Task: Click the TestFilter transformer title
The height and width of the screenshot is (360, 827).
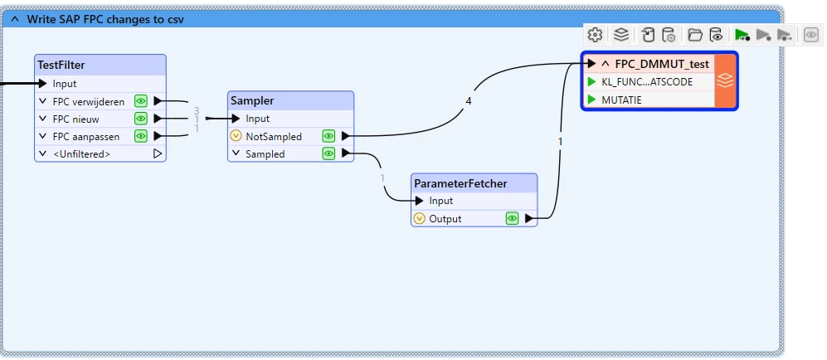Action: (x=61, y=65)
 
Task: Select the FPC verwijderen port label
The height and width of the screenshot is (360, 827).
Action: (x=89, y=101)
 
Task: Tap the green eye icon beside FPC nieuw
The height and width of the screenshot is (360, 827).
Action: (x=141, y=119)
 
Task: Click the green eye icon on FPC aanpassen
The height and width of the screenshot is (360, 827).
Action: (x=141, y=136)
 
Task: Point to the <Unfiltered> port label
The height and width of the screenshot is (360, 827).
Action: (x=81, y=153)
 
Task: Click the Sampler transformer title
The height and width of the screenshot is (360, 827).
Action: (x=252, y=100)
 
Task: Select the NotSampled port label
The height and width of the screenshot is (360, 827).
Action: (x=274, y=136)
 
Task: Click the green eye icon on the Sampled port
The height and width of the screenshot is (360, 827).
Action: (x=329, y=153)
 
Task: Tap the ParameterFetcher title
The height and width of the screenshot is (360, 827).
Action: (x=460, y=182)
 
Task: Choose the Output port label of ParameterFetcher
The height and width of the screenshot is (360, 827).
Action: (x=445, y=219)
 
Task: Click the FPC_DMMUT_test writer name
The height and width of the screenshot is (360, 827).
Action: (x=662, y=64)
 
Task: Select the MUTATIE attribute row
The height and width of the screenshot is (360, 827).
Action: (x=621, y=100)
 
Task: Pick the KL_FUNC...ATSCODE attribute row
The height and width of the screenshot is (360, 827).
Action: (x=647, y=82)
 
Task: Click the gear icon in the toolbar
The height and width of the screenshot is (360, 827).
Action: (x=595, y=35)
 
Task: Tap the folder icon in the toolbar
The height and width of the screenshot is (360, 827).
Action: (x=695, y=35)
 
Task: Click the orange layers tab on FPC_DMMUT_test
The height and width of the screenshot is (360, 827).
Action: (x=725, y=80)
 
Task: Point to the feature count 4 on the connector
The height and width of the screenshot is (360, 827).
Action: (x=469, y=101)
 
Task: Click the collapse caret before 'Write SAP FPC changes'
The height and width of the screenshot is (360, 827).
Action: (x=14, y=18)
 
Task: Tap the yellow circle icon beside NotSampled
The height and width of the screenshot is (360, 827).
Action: (x=236, y=136)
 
